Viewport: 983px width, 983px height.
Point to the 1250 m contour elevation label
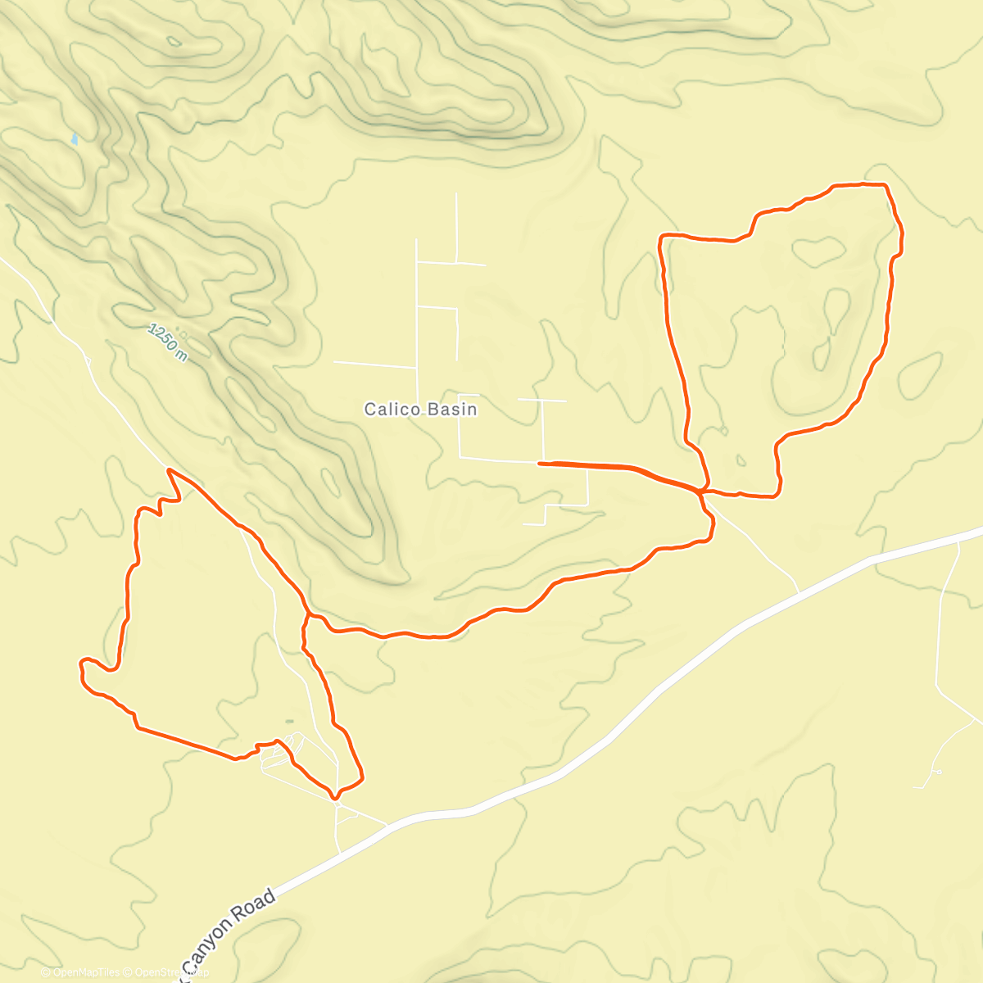168,342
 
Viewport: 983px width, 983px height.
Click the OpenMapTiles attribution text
85,972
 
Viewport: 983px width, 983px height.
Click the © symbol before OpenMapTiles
46,972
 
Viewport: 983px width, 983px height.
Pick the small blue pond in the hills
75,139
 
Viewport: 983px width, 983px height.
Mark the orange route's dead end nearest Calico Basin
538,464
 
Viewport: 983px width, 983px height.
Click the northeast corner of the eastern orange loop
886,185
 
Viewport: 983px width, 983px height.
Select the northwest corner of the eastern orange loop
662,237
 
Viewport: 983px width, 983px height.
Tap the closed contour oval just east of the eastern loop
920,375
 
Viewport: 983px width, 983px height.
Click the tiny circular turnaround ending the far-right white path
938,772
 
